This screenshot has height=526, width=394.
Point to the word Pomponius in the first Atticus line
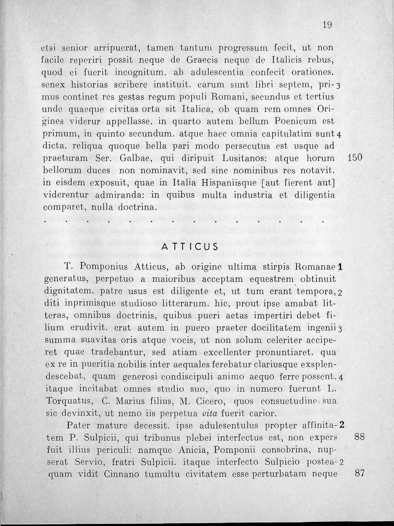point(105,267)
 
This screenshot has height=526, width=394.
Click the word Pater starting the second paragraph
point(79,426)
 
